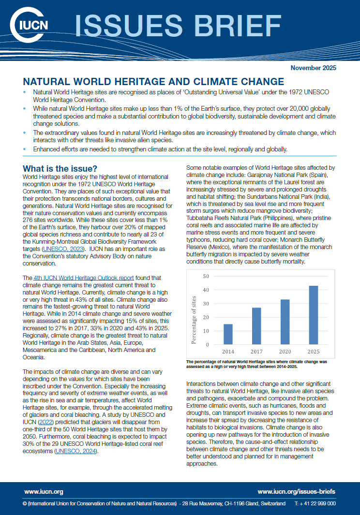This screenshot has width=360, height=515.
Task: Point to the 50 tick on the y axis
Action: [x=206, y=277]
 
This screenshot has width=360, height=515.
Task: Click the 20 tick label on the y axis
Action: [x=206, y=318]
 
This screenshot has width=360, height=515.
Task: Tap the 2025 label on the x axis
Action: [x=314, y=352]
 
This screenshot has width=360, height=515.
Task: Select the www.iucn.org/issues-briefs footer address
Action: [x=296, y=492]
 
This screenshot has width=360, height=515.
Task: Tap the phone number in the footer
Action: [x=315, y=503]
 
